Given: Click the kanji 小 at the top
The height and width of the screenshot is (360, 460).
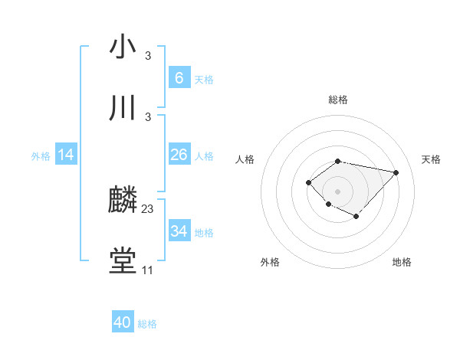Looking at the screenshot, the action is click(x=123, y=47).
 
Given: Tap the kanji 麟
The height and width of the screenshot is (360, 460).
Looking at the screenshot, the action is click(x=123, y=201).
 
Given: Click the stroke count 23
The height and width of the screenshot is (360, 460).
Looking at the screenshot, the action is click(x=148, y=209).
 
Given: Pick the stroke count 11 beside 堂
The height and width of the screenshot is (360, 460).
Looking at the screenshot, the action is click(x=148, y=270).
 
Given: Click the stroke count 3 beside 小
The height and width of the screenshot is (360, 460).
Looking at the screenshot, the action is click(x=148, y=56).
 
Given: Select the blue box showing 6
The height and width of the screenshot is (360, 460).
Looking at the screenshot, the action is click(x=179, y=78).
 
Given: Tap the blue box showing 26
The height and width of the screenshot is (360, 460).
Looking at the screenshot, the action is click(x=179, y=155).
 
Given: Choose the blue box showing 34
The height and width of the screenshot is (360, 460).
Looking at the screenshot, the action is click(x=179, y=231).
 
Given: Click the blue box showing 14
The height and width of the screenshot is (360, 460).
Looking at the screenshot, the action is click(x=66, y=155).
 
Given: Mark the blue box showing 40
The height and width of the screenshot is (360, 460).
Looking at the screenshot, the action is click(x=123, y=322).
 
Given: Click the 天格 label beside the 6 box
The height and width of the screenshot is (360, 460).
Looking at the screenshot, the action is click(x=204, y=79).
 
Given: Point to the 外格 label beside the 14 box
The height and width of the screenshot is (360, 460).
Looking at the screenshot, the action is click(x=41, y=155).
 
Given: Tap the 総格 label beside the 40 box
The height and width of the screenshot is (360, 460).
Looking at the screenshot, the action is click(x=147, y=324).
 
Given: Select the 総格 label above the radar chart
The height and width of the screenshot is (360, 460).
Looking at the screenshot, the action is click(x=337, y=100).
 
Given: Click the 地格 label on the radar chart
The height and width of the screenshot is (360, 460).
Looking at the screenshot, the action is click(x=402, y=262).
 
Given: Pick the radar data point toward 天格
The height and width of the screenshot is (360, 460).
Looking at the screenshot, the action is click(x=396, y=172).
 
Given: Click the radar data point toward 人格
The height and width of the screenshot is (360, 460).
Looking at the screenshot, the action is click(x=308, y=182).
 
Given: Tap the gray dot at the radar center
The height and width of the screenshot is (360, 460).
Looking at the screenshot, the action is click(x=337, y=191).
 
